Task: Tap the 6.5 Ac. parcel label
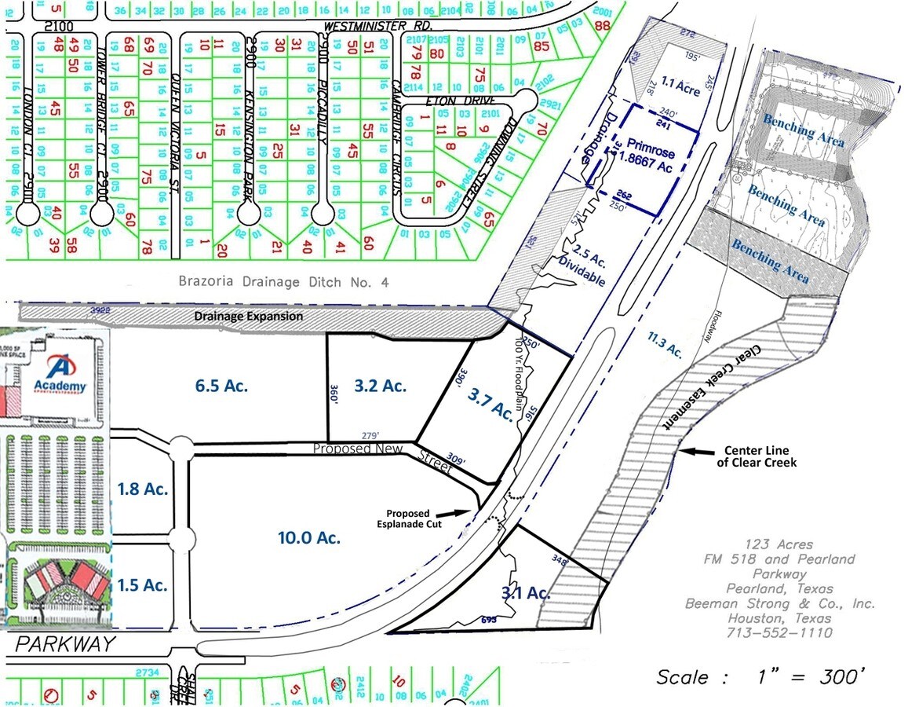coord(221,385)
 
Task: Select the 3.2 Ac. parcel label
coord(380,385)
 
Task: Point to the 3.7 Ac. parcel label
coord(491,405)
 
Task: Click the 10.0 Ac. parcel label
coord(308,538)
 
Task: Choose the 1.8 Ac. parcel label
coord(143,489)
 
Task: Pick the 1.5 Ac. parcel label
coord(143,584)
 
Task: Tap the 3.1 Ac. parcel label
coord(525,593)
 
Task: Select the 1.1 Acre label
coord(679,80)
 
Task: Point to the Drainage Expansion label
coord(248,316)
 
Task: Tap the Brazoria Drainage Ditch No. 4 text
coord(283,281)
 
